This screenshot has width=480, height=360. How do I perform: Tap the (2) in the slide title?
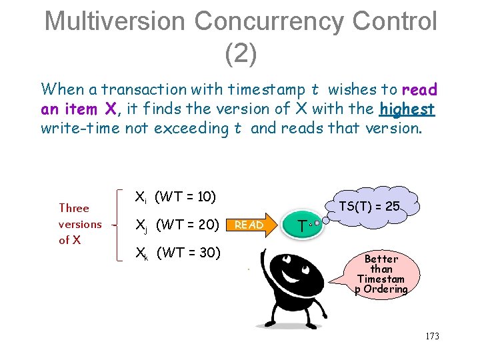pyautogui.click(x=241, y=54)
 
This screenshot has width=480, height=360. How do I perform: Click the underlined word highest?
pyautogui.click(x=407, y=108)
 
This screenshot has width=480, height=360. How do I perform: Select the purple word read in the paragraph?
pyautogui.click(x=420, y=89)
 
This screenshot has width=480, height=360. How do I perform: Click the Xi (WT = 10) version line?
pyautogui.click(x=175, y=197)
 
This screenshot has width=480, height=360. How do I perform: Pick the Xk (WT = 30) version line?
pyautogui.click(x=178, y=253)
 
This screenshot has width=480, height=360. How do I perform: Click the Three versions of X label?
pyautogui.click(x=79, y=224)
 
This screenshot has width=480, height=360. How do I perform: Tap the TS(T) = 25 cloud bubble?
pyautogui.click(x=370, y=207)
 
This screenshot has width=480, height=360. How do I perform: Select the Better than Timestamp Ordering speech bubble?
pyautogui.click(x=382, y=274)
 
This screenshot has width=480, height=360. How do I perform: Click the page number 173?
pyautogui.click(x=432, y=336)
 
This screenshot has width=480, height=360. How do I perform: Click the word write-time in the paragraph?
pyautogui.click(x=81, y=127)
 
